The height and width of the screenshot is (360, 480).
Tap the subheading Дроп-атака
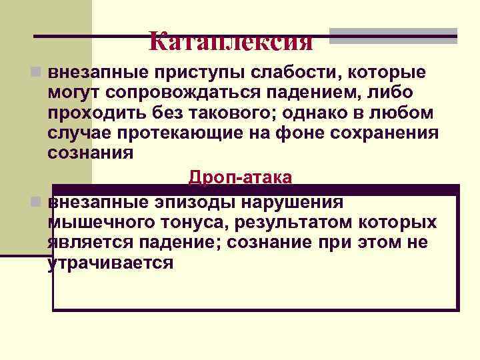click(x=240, y=177)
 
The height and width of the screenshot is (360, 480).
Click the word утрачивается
click(x=111, y=263)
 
